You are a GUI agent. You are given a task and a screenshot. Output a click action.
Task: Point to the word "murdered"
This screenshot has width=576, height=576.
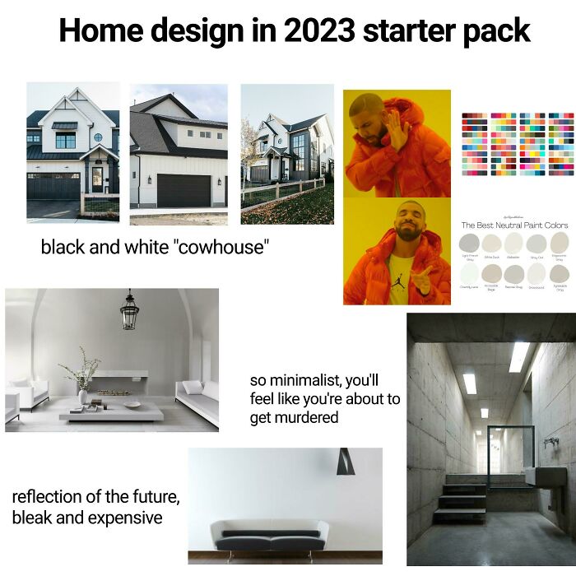click(295, 417)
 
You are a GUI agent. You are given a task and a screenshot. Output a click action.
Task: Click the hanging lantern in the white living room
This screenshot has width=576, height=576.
click(129, 311)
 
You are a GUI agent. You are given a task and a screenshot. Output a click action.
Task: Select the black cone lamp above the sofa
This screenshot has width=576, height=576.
click(345, 462)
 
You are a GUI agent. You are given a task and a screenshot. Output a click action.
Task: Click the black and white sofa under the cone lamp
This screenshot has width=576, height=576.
click(269, 535)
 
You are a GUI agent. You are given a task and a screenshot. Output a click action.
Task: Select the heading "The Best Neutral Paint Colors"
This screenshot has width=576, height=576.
click(514, 225)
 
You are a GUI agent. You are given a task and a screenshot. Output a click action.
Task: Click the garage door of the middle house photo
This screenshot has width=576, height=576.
click(183, 191)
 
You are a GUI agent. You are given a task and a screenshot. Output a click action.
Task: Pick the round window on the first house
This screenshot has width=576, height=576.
click(98, 137)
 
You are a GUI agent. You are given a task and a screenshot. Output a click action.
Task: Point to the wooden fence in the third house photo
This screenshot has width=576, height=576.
click(276, 194)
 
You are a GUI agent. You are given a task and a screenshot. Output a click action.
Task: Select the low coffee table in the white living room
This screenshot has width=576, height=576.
click(111, 411)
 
